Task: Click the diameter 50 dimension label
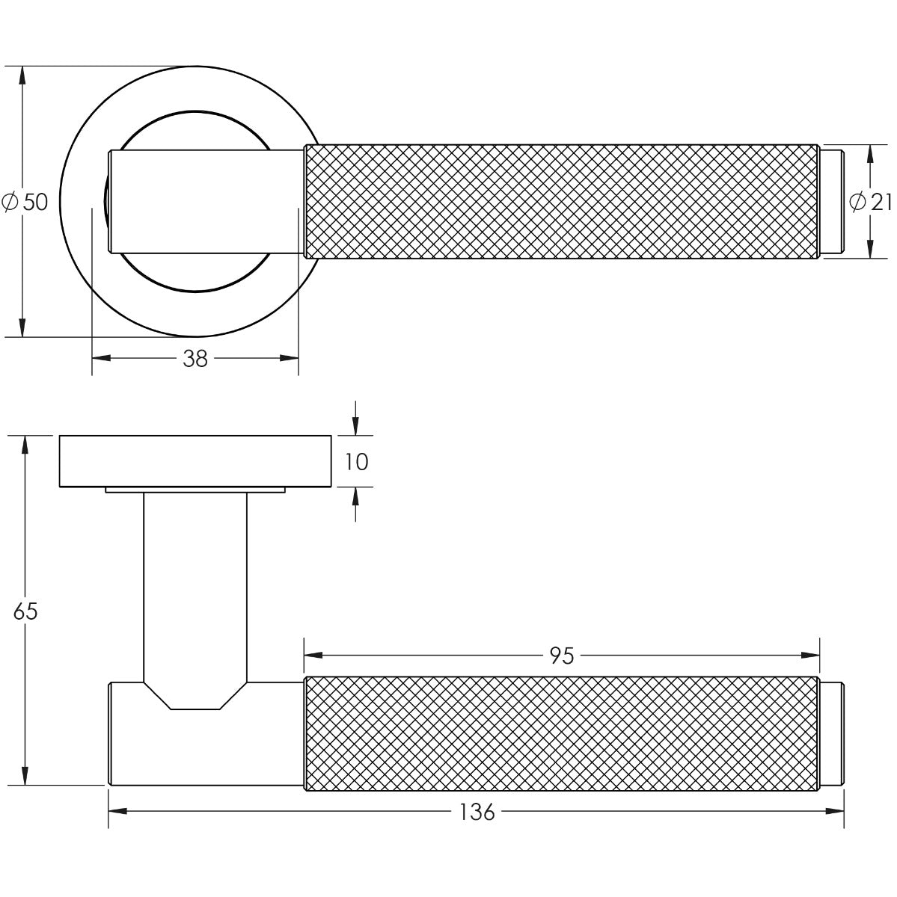[x=27, y=202]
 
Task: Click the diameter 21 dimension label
[x=869, y=202]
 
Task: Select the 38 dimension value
[x=195, y=360]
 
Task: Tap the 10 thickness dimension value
[x=357, y=462]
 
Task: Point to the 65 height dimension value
[x=25, y=611]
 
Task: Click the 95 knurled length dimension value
[x=562, y=656]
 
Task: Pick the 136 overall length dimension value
[x=477, y=811]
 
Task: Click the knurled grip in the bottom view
[x=561, y=733]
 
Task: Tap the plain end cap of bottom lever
[x=831, y=733]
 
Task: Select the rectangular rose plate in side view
[x=195, y=460]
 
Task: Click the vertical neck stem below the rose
[x=195, y=583]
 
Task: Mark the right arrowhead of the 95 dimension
[x=811, y=656]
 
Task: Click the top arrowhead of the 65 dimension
[x=25, y=444]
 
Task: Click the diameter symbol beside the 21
[x=858, y=202]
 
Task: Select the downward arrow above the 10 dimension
[x=356, y=426]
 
